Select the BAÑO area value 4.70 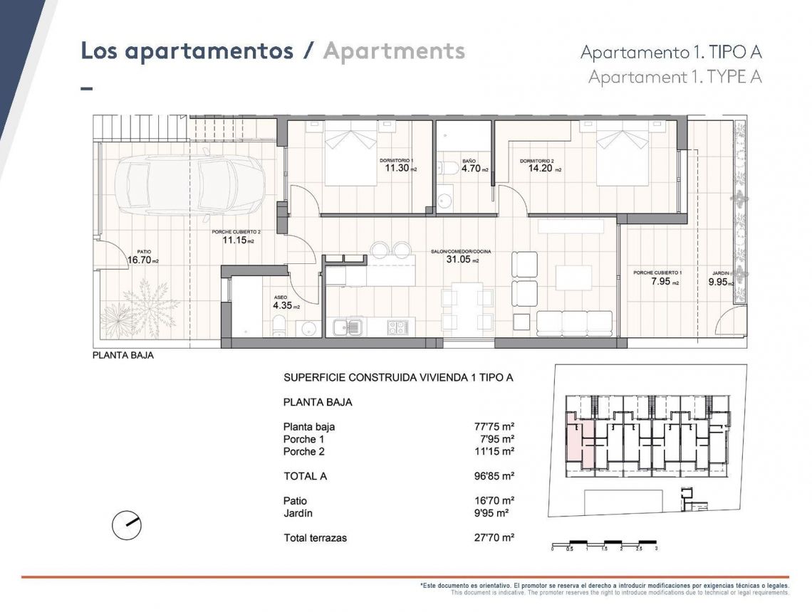click(471, 169)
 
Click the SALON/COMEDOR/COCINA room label click(461, 252)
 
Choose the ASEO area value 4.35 click(283, 306)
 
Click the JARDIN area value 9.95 click(719, 282)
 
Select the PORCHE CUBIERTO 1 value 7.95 click(662, 282)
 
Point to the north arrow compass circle click(127, 525)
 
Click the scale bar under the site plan click(604, 544)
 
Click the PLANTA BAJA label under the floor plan click(123, 356)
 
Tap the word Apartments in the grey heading click(394, 51)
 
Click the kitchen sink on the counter click(348, 327)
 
